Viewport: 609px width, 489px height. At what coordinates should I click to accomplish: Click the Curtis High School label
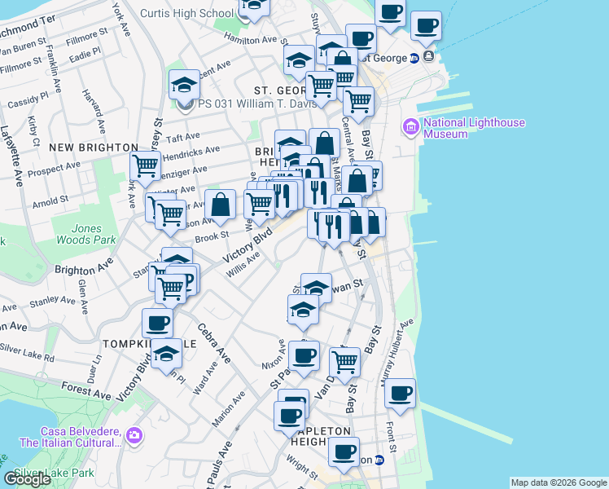[186, 13]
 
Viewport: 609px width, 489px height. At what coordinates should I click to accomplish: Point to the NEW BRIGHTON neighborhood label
[94, 147]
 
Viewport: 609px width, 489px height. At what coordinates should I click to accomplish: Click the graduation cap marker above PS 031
[184, 85]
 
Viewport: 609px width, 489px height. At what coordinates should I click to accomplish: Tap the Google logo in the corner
[28, 479]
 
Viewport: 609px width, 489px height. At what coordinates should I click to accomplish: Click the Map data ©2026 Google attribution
[559, 482]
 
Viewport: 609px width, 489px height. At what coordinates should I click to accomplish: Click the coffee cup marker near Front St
[400, 394]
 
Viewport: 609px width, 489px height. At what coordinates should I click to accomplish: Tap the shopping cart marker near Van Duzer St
[345, 362]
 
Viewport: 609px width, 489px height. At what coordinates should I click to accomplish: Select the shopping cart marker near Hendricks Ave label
[146, 166]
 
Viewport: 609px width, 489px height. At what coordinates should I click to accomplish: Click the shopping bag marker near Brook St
[221, 205]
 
